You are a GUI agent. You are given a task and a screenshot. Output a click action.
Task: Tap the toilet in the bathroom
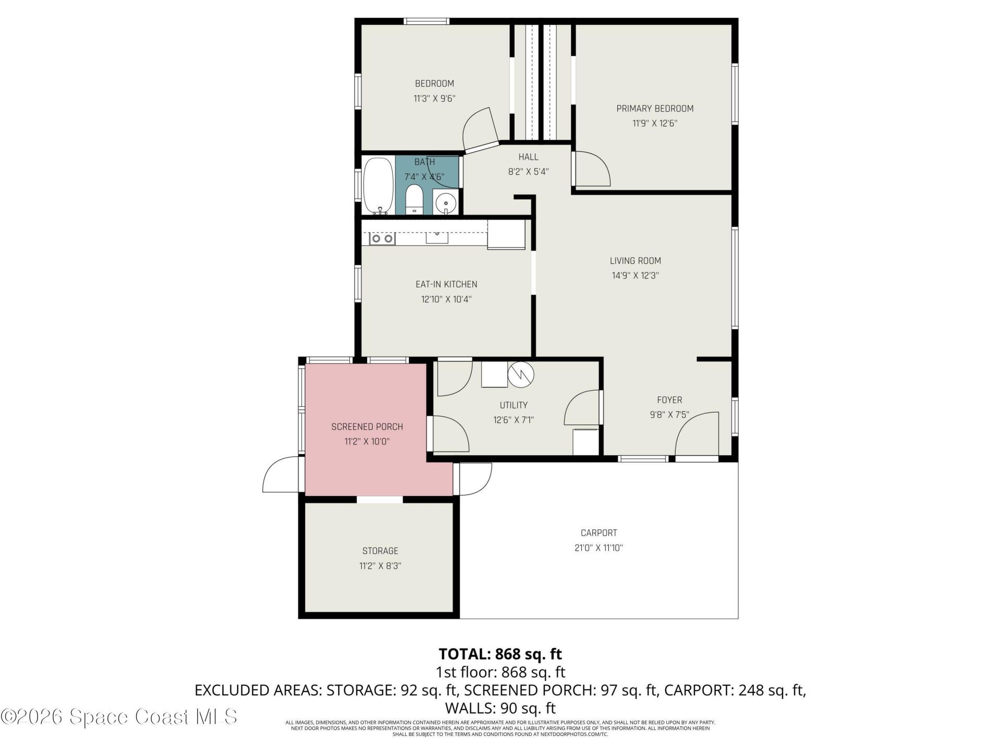click(x=414, y=199)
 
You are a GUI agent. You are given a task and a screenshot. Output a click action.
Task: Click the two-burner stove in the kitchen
click(x=382, y=239)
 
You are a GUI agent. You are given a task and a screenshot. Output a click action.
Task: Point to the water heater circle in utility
click(x=521, y=374)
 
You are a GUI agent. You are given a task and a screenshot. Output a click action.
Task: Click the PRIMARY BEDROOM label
click(x=655, y=108)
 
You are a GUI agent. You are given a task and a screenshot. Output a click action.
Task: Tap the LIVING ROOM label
click(x=635, y=261)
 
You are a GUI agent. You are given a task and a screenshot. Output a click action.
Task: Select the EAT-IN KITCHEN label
click(x=446, y=284)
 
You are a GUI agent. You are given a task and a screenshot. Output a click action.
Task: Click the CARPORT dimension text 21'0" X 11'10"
click(x=599, y=548)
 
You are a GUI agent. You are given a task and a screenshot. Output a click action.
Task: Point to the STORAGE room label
click(x=380, y=551)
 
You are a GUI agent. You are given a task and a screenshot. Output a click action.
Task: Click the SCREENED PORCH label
click(x=367, y=427)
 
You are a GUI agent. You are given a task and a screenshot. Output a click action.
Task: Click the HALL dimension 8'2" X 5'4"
click(x=528, y=172)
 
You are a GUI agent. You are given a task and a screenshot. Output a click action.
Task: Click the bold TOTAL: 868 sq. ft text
click(x=500, y=654)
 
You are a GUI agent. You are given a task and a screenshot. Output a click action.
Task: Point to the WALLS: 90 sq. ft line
click(x=500, y=708)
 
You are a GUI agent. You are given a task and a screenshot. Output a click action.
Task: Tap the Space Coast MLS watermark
click(x=119, y=717)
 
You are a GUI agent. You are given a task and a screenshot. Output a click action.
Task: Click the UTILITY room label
click(x=514, y=405)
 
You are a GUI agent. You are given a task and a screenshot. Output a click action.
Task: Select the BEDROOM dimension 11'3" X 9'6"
click(x=434, y=99)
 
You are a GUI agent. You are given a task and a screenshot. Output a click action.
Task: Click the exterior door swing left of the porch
click(x=282, y=475)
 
